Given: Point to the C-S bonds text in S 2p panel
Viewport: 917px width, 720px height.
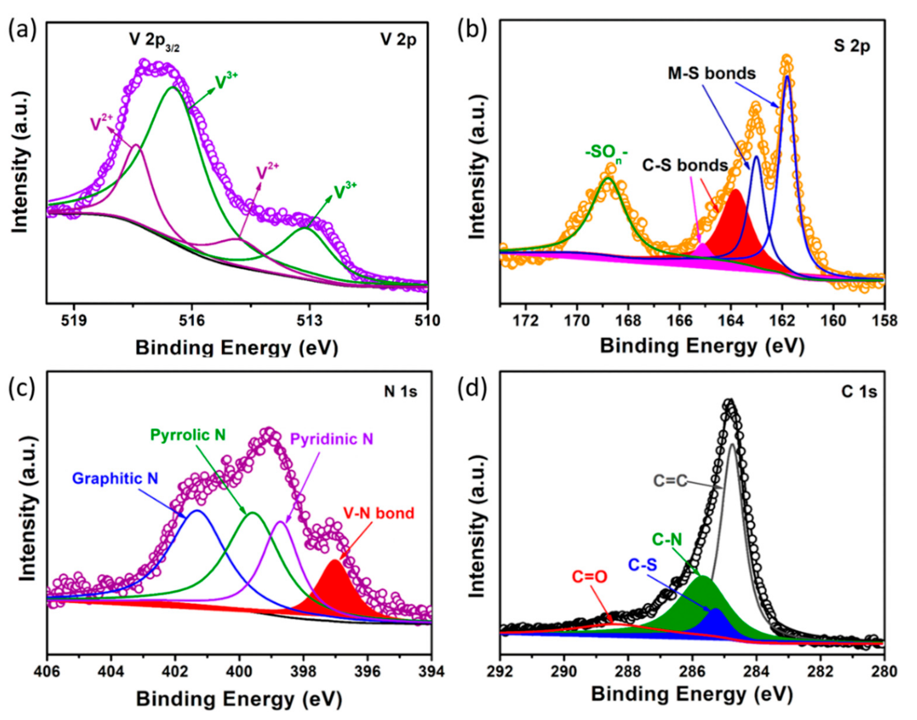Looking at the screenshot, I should coord(685,166).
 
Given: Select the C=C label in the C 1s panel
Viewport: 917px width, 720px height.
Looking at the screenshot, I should coord(670,481).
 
